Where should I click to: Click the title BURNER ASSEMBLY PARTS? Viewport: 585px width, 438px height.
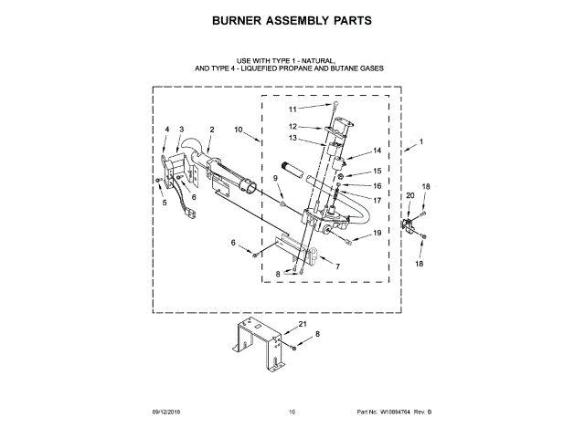pos(292,19)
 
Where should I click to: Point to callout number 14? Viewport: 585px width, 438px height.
pos(376,151)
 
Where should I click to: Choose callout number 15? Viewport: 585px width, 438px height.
pos(376,172)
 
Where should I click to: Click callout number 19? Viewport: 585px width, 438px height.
pos(376,234)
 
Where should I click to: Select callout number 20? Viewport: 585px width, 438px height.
pos(409,196)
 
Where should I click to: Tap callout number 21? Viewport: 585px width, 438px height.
pos(302,324)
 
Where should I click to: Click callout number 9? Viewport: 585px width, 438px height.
pos(273,177)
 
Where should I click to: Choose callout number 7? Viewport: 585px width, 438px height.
pos(337,266)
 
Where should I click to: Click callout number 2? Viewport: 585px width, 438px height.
pos(211,130)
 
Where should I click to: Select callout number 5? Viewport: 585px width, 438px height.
pos(165,203)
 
